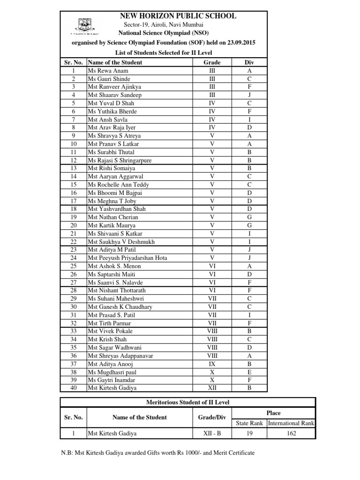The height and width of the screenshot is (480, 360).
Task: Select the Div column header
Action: point(249,62)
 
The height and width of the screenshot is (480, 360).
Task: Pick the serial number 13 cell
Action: point(74,168)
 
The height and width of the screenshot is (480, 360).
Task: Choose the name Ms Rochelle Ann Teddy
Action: point(118,185)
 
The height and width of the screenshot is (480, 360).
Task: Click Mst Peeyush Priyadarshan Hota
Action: point(127,258)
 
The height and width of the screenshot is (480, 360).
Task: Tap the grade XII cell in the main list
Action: point(212,388)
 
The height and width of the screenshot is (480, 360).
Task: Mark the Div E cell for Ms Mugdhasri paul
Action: point(249,372)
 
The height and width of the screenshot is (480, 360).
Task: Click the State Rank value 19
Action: point(249,434)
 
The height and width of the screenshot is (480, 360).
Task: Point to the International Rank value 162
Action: point(291,434)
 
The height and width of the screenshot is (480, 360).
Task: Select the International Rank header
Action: point(291,423)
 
